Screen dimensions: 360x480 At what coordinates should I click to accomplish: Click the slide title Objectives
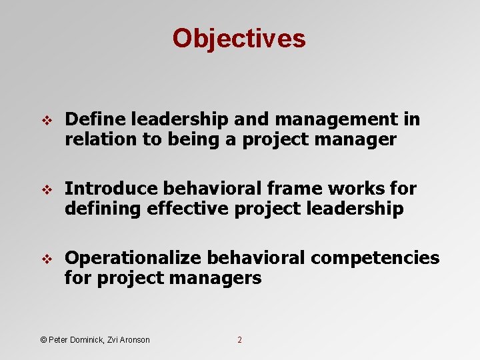pyautogui.click(x=239, y=39)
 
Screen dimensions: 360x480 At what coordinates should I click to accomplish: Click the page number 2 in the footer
pyautogui.click(x=240, y=340)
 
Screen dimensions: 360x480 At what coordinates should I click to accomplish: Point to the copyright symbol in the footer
pyautogui.click(x=44, y=340)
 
